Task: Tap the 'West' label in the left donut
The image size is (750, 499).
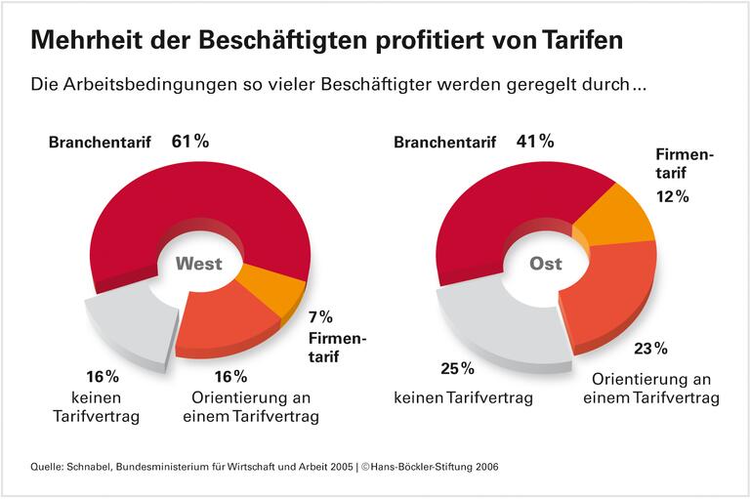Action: coord(198,264)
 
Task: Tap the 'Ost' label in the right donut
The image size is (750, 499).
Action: coord(546,264)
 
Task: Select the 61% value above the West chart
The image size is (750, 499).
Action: coord(190,141)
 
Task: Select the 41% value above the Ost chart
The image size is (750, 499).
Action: coord(536,142)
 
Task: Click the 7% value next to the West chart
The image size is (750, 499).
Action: coord(321,316)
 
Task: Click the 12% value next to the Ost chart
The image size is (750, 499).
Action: coord(673,196)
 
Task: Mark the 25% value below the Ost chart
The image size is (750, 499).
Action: coord(456,369)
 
